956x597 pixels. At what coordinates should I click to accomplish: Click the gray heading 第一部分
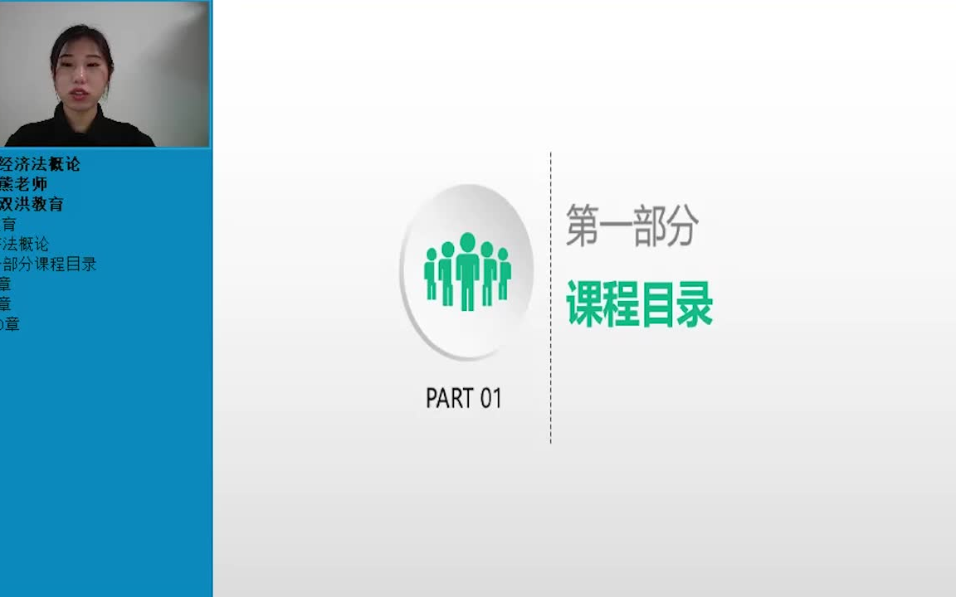pos(632,226)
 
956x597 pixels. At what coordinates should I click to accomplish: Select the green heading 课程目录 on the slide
pos(639,304)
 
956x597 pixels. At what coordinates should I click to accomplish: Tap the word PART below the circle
pos(449,399)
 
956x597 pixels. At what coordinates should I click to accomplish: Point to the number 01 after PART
pos(490,399)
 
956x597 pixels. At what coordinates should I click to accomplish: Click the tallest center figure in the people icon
pos(467,269)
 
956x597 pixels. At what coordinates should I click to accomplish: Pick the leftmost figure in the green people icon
pos(431,273)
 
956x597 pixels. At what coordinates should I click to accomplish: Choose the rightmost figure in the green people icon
pos(503,273)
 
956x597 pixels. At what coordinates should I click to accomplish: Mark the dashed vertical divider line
pos(550,298)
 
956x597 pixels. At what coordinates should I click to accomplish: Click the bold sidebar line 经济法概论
pos(41,164)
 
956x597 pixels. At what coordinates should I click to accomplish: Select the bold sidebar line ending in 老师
pos(24,184)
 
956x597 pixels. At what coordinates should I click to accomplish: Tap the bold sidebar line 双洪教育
pos(32,204)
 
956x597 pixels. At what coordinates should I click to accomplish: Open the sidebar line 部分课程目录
pos(49,265)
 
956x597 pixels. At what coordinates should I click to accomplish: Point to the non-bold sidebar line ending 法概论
pos(25,245)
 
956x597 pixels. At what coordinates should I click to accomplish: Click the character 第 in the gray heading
pos(582,226)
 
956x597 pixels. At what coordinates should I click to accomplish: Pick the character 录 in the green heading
pos(695,304)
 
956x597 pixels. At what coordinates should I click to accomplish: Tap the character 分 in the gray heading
pos(681,226)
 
